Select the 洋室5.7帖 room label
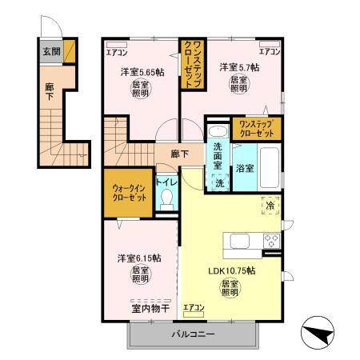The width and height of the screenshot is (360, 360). (239, 67)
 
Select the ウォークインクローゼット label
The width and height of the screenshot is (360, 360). (128, 191)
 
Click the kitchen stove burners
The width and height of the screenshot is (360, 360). (270, 240)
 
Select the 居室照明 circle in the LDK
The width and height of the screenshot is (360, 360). (230, 289)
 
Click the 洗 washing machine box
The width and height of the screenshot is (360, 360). (220, 182)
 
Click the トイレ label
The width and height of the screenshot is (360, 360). (166, 182)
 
